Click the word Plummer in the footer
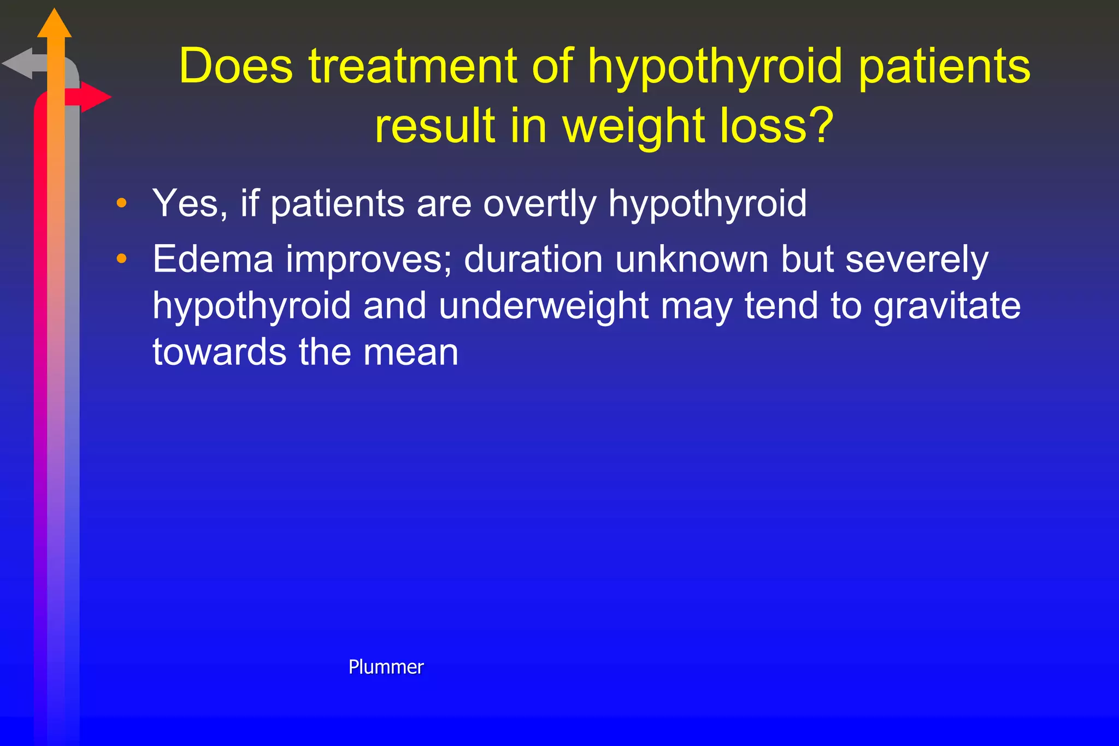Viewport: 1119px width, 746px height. coord(386,667)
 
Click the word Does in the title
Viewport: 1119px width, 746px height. coord(235,66)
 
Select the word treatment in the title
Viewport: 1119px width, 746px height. coord(413,66)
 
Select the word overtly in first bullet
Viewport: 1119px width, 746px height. coord(539,203)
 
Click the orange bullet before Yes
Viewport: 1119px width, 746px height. coord(121,203)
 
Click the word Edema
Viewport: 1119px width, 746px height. coord(213,259)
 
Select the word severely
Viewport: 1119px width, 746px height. coord(916,259)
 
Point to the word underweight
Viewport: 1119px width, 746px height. coord(543,305)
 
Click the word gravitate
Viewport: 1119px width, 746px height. coord(946,305)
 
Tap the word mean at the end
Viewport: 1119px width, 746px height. coord(410,352)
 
